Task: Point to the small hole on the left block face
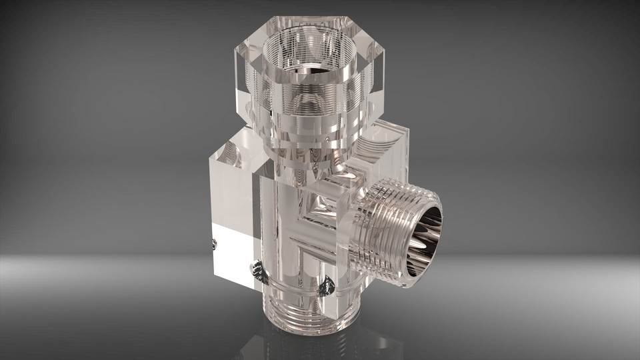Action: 214,245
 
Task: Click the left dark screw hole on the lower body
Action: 257,269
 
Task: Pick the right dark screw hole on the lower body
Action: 327,287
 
